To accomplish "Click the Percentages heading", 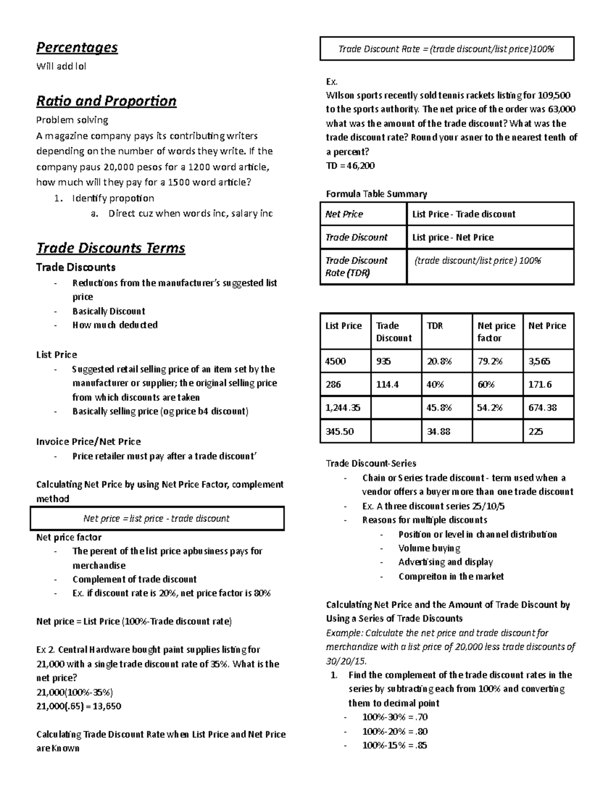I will pyautogui.click(x=76, y=48).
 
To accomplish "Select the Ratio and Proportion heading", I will pyautogui.click(x=106, y=101).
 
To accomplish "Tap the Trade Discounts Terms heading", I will pyautogui.click(x=110, y=248).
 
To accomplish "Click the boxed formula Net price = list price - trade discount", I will pyautogui.click(x=157, y=518).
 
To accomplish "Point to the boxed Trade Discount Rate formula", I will pyautogui.click(x=446, y=49).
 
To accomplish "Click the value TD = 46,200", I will pyautogui.click(x=350, y=166).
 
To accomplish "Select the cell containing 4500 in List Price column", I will pyautogui.click(x=336, y=361).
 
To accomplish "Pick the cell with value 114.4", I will pyautogui.click(x=388, y=384).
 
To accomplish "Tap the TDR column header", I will pyautogui.click(x=435, y=326).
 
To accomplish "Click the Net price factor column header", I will pyautogui.click(x=496, y=332).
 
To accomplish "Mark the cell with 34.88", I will pyautogui.click(x=438, y=432).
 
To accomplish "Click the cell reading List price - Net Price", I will pyautogui.click(x=453, y=238).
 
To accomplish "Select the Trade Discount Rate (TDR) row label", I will pyautogui.click(x=356, y=266).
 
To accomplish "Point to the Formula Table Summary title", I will pyautogui.click(x=376, y=194).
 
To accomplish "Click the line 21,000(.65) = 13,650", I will pyautogui.click(x=79, y=706).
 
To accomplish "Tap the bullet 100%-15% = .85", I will pyautogui.click(x=394, y=745).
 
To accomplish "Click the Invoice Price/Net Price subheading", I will pyautogui.click(x=88, y=441).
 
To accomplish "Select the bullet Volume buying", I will pyautogui.click(x=429, y=548).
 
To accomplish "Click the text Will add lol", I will pyautogui.click(x=61, y=66).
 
